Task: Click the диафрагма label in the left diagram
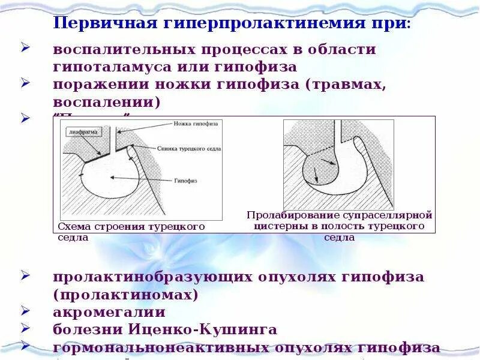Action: click(x=80, y=129)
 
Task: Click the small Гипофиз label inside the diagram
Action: click(x=185, y=180)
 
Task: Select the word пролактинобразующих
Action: click(x=152, y=277)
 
